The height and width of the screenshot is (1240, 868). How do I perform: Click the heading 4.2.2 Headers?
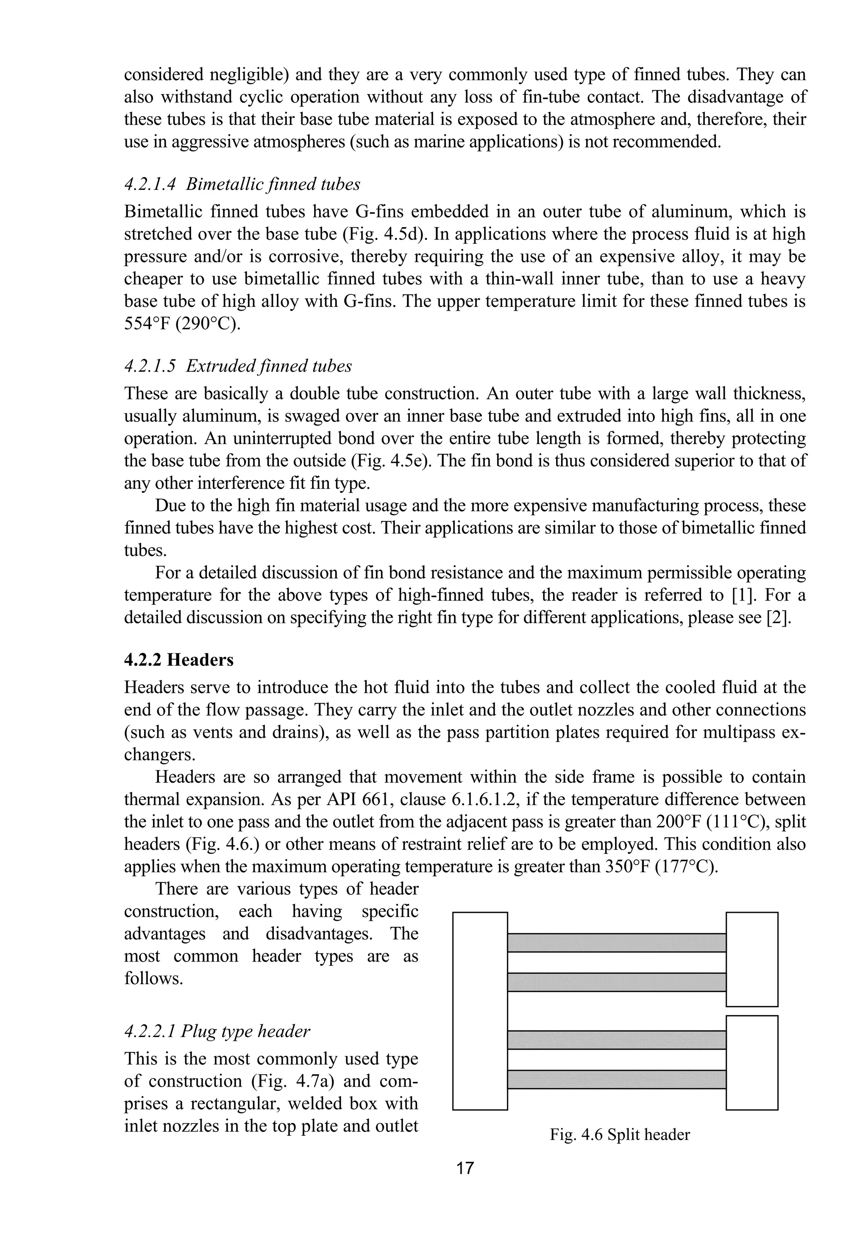point(179,660)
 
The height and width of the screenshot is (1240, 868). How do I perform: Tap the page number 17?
point(465,1168)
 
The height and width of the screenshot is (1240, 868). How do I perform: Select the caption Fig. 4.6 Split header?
point(620,1134)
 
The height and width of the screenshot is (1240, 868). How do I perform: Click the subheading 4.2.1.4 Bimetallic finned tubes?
point(242,184)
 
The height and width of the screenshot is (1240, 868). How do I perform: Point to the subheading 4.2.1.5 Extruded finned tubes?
point(238,366)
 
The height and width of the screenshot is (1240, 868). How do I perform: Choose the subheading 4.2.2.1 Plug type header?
point(217,1031)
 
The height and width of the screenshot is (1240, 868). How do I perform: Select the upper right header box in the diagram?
point(751,959)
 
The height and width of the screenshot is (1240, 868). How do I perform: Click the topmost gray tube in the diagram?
point(616,943)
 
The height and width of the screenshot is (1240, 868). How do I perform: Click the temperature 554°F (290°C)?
point(182,324)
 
